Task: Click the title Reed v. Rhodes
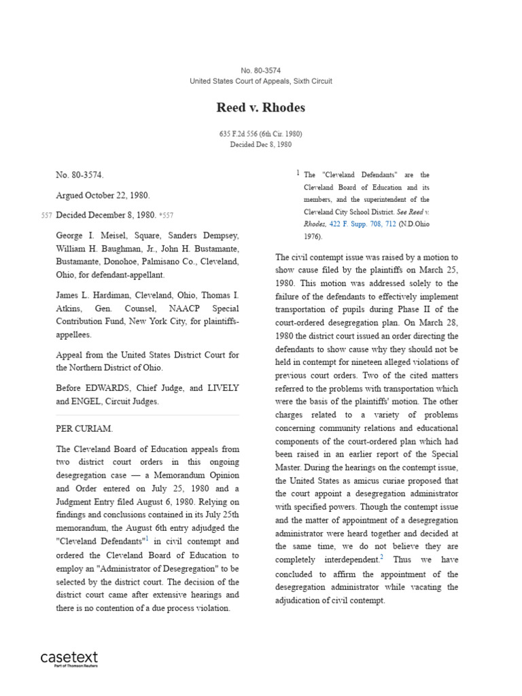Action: tap(260, 108)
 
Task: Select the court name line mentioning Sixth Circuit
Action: tap(260, 82)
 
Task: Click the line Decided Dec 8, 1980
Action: tap(260, 145)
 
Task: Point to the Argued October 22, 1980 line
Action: tap(102, 195)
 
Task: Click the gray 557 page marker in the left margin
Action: tap(46, 215)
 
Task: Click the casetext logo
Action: tap(69, 657)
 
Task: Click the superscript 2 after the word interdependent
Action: tap(382, 557)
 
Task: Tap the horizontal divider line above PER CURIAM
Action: tap(147, 415)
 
